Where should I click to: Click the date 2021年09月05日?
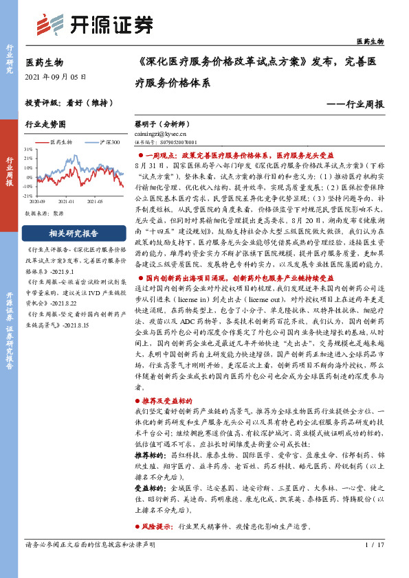pyautogui.click(x=56, y=76)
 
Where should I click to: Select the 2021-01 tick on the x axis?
pyautogui.click(x=66, y=201)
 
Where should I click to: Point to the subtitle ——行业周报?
pyautogui.click(x=357, y=104)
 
